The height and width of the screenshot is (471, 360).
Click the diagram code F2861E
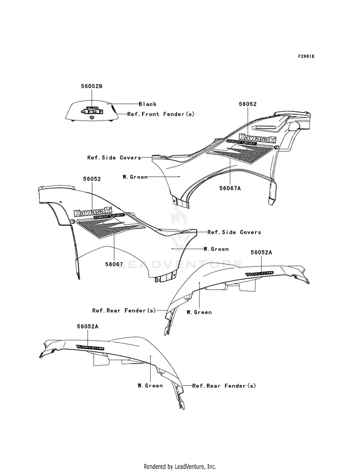pos(306,56)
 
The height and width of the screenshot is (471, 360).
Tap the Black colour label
pos(147,104)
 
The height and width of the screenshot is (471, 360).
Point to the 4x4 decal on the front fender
pos(92,111)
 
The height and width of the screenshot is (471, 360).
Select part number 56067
pos(114,264)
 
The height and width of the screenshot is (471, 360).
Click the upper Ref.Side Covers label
pos(114,157)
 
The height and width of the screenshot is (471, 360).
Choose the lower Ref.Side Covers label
pos(234,232)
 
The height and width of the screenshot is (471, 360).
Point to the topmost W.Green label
pos(135,177)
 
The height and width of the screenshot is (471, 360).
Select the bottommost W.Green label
pos(150,385)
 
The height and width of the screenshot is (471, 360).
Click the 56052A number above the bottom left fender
pos(87,326)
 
